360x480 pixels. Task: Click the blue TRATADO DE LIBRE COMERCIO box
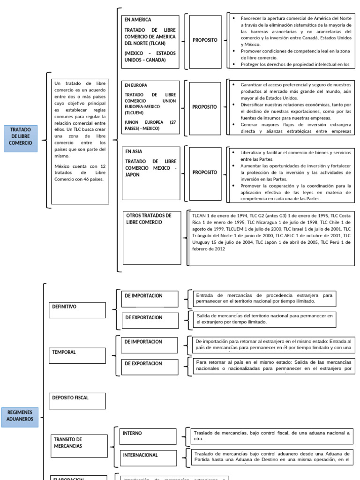(x=20, y=139)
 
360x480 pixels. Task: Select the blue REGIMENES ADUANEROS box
(x=20, y=415)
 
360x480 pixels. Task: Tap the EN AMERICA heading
(x=138, y=20)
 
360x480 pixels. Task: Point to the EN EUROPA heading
(x=136, y=85)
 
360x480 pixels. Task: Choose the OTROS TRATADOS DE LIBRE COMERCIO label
(x=149, y=219)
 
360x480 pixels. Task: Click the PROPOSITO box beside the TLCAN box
(x=205, y=40)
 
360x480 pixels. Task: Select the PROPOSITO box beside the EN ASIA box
(x=205, y=172)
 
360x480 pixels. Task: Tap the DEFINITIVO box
(x=77, y=310)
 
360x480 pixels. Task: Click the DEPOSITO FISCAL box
(x=77, y=401)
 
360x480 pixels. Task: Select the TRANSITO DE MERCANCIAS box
(x=79, y=446)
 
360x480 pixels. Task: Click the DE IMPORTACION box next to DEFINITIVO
(x=150, y=299)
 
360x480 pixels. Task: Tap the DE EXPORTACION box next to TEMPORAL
(x=150, y=367)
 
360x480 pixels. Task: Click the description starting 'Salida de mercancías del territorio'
(x=265, y=319)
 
